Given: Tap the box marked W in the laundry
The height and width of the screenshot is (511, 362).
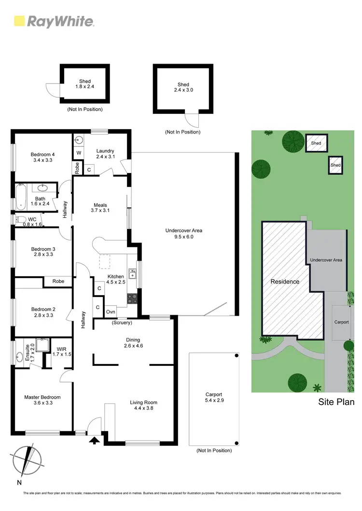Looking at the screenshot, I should click(78, 153).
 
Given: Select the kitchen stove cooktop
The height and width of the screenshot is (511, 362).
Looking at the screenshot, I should click(131, 299).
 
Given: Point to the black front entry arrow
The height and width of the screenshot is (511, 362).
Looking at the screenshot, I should click(94, 440).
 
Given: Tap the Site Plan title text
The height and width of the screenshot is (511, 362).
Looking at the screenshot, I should click(336, 402).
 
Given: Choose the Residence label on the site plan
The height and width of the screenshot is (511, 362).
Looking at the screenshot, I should click(284, 282).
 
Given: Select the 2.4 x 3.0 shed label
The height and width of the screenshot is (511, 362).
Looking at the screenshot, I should click(183, 87).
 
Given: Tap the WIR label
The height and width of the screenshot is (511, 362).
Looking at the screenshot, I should click(61, 351).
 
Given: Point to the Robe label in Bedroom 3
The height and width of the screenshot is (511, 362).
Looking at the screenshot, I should click(58, 281).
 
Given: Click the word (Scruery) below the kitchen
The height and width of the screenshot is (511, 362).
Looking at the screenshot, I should click(122, 322).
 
